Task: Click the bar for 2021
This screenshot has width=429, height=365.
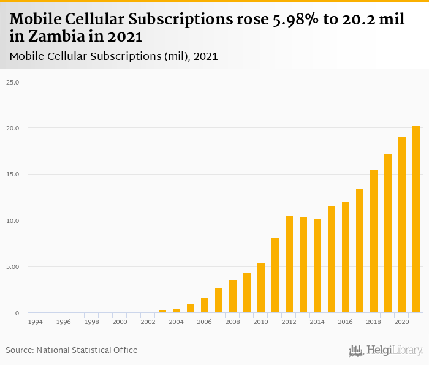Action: pyautogui.click(x=416, y=220)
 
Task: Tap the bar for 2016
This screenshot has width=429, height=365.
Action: pyautogui.click(x=346, y=257)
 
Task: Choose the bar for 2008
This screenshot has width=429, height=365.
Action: pyautogui.click(x=233, y=296)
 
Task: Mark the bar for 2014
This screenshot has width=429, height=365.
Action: pyautogui.click(x=317, y=266)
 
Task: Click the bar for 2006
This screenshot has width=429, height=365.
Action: pyautogui.click(x=205, y=305)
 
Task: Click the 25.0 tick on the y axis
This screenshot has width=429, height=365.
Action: pyautogui.click(x=13, y=82)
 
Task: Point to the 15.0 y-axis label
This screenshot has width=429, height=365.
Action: pyautogui.click(x=13, y=175)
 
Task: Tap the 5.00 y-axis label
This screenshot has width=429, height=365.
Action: pyautogui.click(x=13, y=267)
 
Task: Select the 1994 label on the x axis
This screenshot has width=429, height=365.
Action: pyautogui.click(x=35, y=322)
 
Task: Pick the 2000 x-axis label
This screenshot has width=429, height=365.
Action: pyautogui.click(x=120, y=322)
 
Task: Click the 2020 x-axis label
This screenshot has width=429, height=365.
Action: pyautogui.click(x=401, y=322)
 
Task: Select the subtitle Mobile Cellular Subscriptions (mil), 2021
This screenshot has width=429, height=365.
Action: pyautogui.click(x=114, y=56)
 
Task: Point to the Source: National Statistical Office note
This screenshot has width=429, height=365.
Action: pyautogui.click(x=72, y=350)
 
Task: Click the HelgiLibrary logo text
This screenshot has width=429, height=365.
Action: pyautogui.click(x=395, y=351)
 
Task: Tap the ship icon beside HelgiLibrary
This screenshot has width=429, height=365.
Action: pyautogui.click(x=356, y=351)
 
